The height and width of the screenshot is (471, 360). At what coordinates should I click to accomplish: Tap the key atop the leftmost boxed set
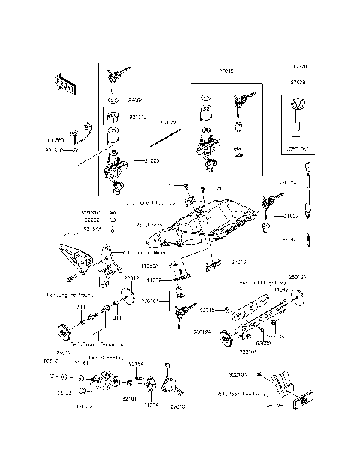tap(114, 74)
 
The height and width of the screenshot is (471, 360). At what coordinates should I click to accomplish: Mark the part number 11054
tap(151, 403)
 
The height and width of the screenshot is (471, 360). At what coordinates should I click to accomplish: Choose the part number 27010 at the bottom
tap(178, 406)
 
